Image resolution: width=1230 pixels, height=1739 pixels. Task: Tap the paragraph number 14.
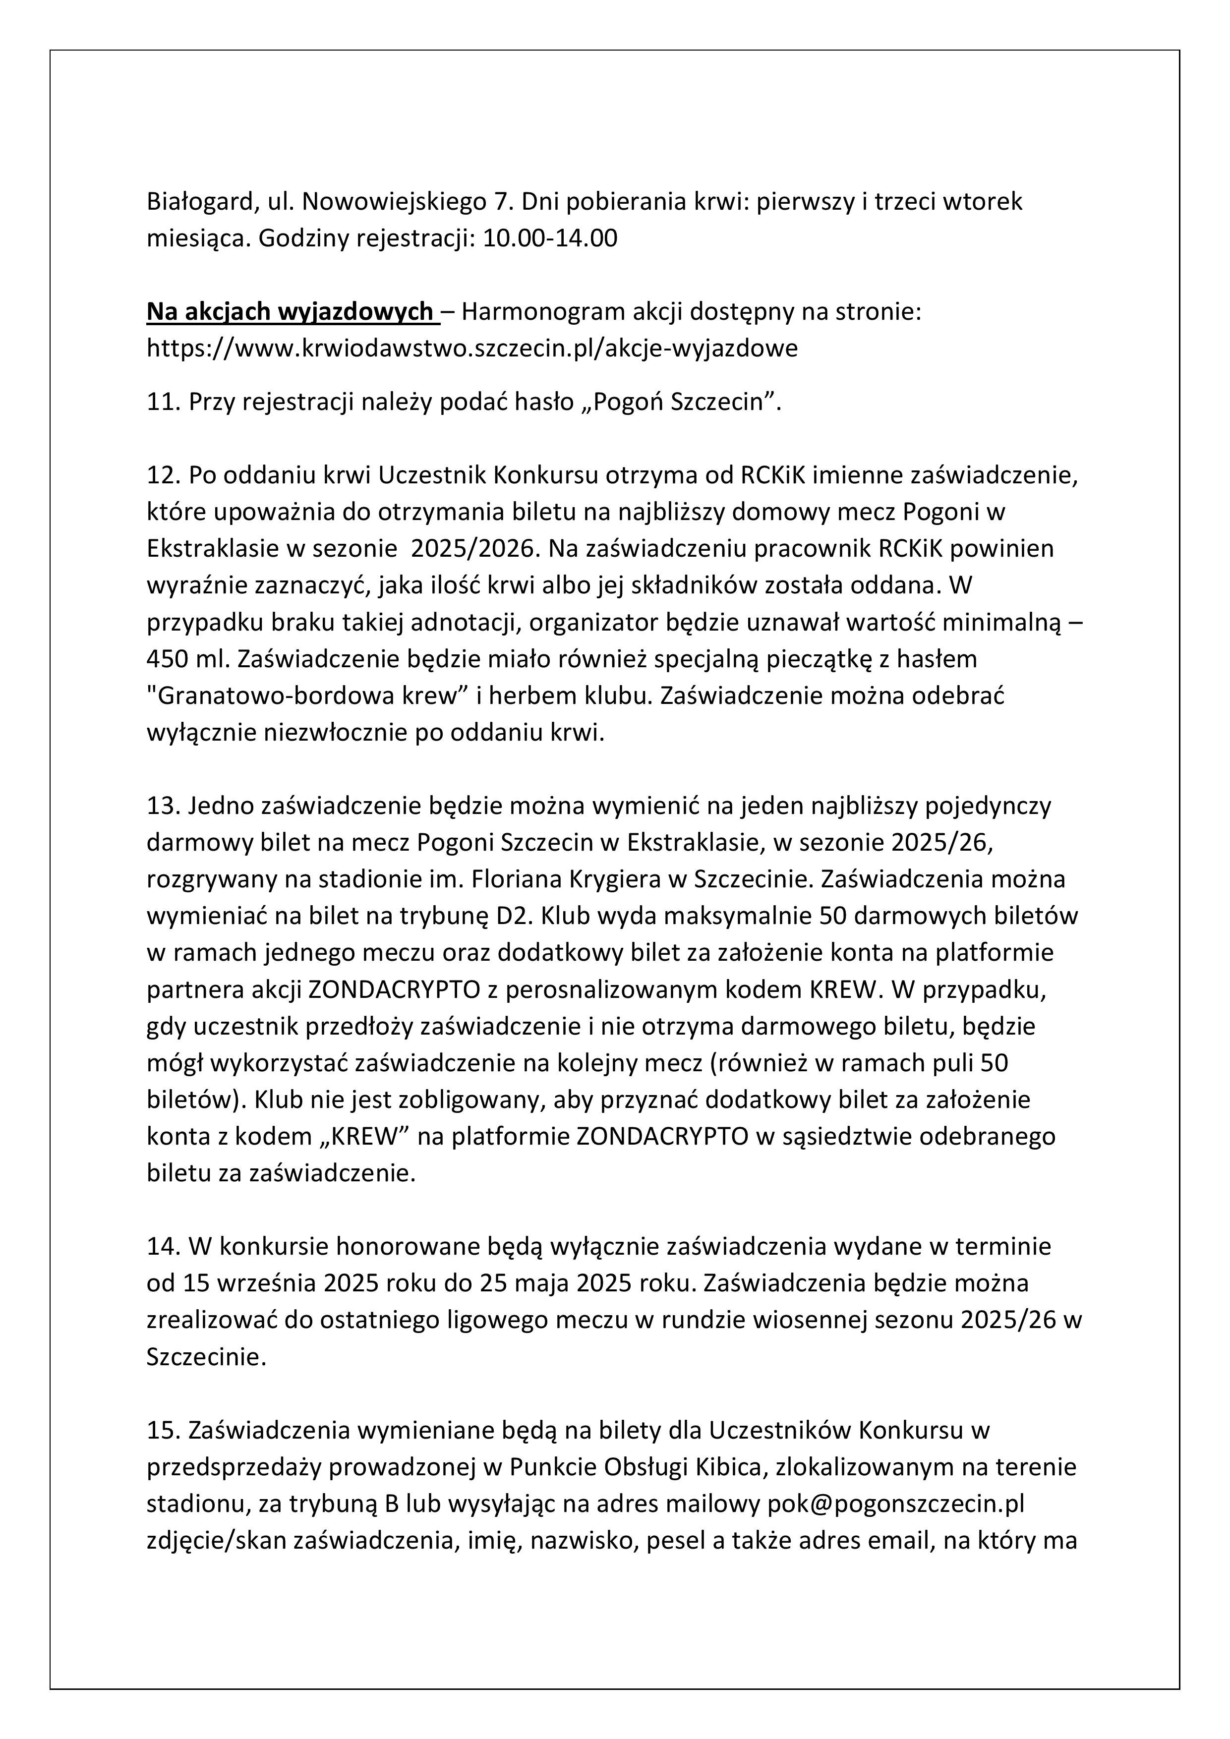click(163, 1247)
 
